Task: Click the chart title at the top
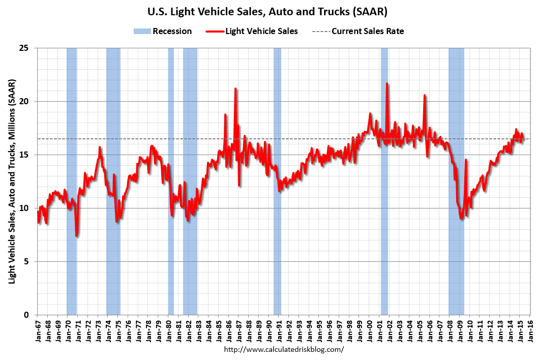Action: [x=267, y=11]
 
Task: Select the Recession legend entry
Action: [x=163, y=31]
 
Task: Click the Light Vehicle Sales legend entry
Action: [x=252, y=31]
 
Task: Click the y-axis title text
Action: [x=11, y=182]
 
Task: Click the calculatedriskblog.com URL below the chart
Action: [x=284, y=349]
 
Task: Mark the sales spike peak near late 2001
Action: [x=387, y=83]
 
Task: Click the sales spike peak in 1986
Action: [x=235, y=88]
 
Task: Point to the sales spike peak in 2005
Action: [x=425, y=95]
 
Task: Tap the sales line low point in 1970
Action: [x=76, y=235]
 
